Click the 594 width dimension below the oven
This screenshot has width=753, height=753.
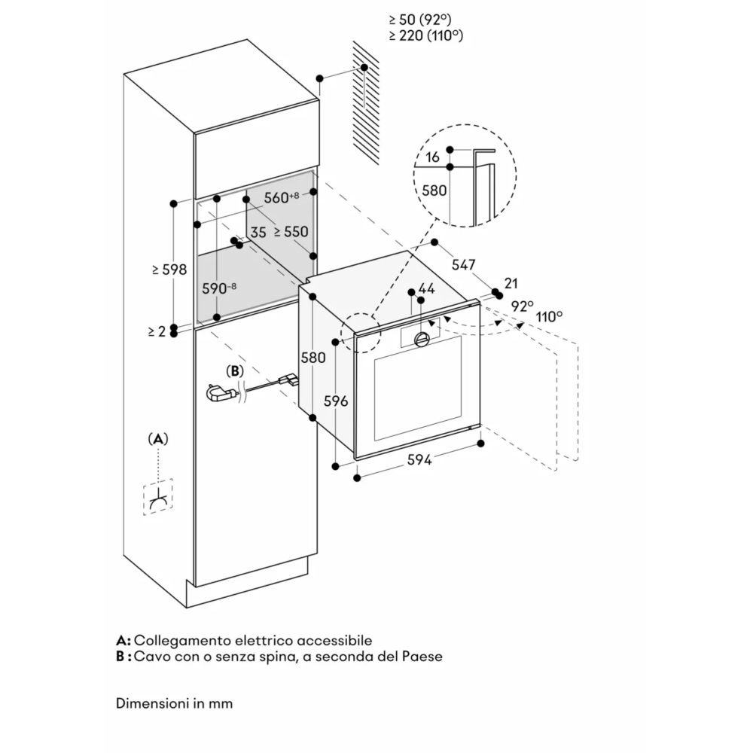click(x=419, y=460)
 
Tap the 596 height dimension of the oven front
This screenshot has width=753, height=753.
click(x=336, y=401)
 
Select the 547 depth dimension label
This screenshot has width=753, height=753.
click(x=464, y=264)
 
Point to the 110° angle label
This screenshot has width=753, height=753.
click(x=550, y=316)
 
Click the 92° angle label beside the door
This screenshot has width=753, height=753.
click(x=522, y=306)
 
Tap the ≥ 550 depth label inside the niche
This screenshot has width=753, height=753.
click(x=291, y=232)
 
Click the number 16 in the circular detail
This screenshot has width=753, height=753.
click(x=431, y=157)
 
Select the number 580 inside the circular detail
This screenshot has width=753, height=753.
click(x=434, y=191)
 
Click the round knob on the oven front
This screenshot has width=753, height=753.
click(x=422, y=340)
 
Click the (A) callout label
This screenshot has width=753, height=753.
click(x=157, y=438)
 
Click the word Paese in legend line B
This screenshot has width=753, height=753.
click(x=424, y=657)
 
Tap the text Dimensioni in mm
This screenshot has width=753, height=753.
click(x=175, y=703)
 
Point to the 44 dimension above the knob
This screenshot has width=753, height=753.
click(x=427, y=288)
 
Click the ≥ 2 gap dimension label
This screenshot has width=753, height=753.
click(x=156, y=331)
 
